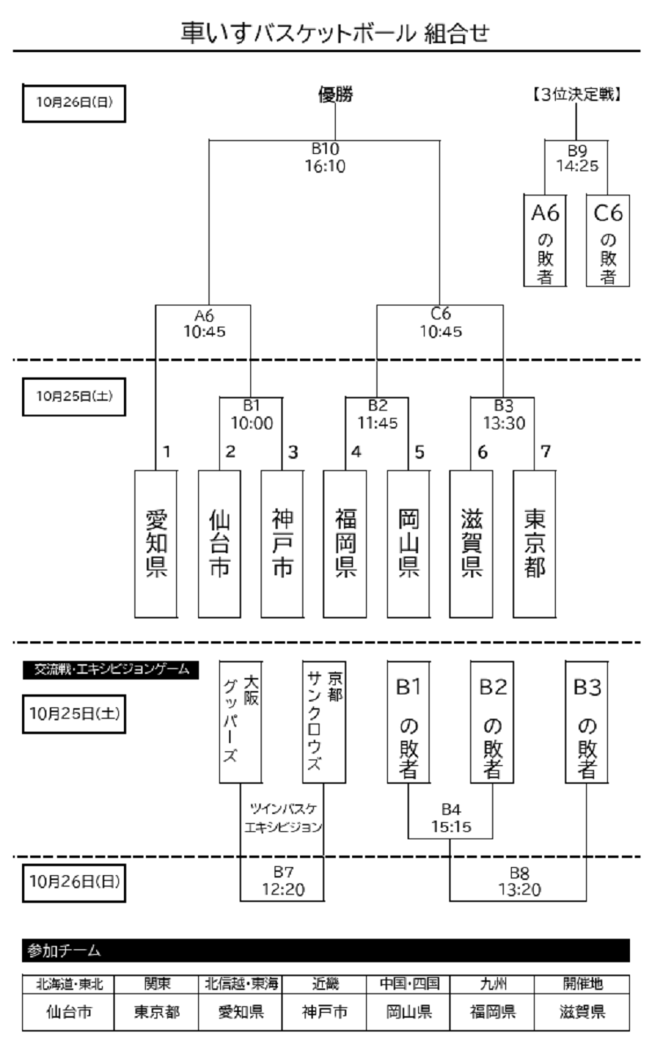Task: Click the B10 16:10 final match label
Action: point(325,158)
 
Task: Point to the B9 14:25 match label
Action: point(577,157)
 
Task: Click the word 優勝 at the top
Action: point(335,95)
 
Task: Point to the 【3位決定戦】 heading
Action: point(577,95)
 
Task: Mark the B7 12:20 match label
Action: point(282,882)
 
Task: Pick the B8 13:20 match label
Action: point(519,882)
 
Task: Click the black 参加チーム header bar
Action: point(326,950)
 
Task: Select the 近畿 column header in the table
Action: point(325,984)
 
